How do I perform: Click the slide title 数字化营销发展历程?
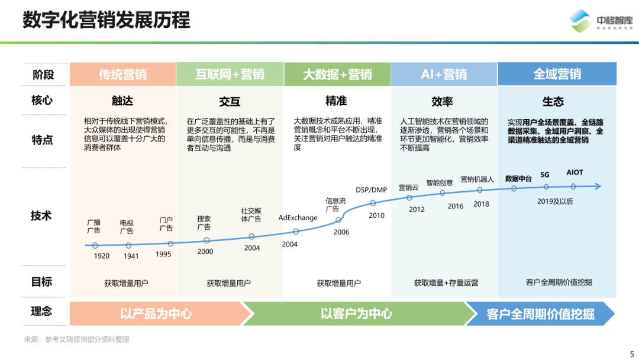[x=106, y=20]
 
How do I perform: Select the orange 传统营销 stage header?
[x=122, y=75]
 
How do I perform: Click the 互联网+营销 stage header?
[x=230, y=75]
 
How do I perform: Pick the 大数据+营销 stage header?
[x=337, y=75]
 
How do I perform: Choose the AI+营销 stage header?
[x=444, y=75]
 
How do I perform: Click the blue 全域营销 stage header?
[x=557, y=75]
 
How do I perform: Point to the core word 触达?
[x=122, y=101]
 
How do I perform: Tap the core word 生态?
[x=553, y=101]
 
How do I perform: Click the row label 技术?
[x=42, y=216]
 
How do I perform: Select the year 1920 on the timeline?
[x=102, y=256]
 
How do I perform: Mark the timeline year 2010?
[x=377, y=216]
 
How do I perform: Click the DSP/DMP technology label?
[x=371, y=190]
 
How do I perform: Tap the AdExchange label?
[x=298, y=218]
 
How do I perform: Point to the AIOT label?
[x=575, y=173]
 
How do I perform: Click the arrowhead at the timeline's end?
[x=598, y=187]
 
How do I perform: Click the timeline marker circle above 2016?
[x=443, y=193]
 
